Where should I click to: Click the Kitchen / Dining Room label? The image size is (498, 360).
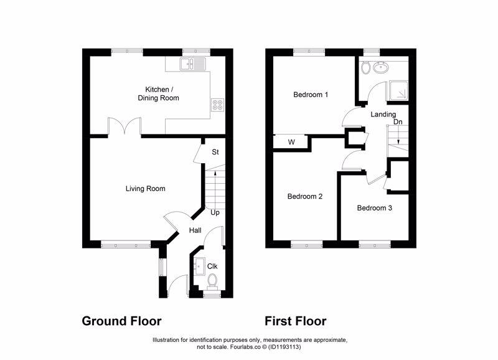(x=158, y=93)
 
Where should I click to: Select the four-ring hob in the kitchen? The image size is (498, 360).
(x=218, y=105)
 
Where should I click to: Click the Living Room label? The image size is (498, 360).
(x=145, y=188)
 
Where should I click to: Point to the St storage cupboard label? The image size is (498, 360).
(x=215, y=152)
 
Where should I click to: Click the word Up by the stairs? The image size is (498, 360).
(x=215, y=212)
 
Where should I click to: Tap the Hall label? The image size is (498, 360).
(x=195, y=230)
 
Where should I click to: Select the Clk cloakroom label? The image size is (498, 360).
(x=212, y=267)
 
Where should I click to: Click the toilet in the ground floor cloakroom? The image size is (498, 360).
(x=212, y=282)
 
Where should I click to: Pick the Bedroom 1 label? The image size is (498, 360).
(x=311, y=95)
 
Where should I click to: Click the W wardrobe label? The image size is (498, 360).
(x=291, y=143)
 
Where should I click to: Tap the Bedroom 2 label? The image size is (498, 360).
(x=304, y=197)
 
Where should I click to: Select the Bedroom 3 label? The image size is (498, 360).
(x=374, y=208)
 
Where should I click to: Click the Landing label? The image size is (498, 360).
(x=383, y=115)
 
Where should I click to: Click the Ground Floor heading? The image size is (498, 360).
(x=121, y=321)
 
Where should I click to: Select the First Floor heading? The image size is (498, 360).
(x=295, y=321)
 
